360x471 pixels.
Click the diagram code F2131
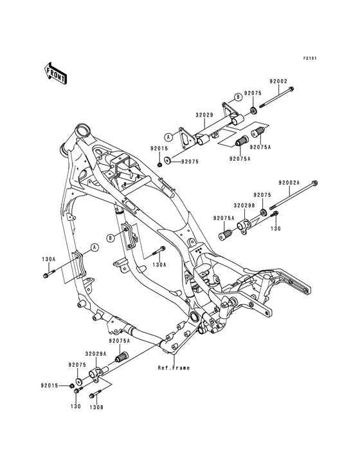click(x=310, y=59)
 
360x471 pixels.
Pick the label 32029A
click(x=96, y=353)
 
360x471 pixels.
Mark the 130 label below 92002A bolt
click(x=276, y=228)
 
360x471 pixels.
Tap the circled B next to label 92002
click(x=237, y=97)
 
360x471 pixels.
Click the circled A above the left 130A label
click(x=94, y=246)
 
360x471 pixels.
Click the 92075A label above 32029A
click(x=119, y=341)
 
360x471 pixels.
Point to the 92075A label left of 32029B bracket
click(x=224, y=218)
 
